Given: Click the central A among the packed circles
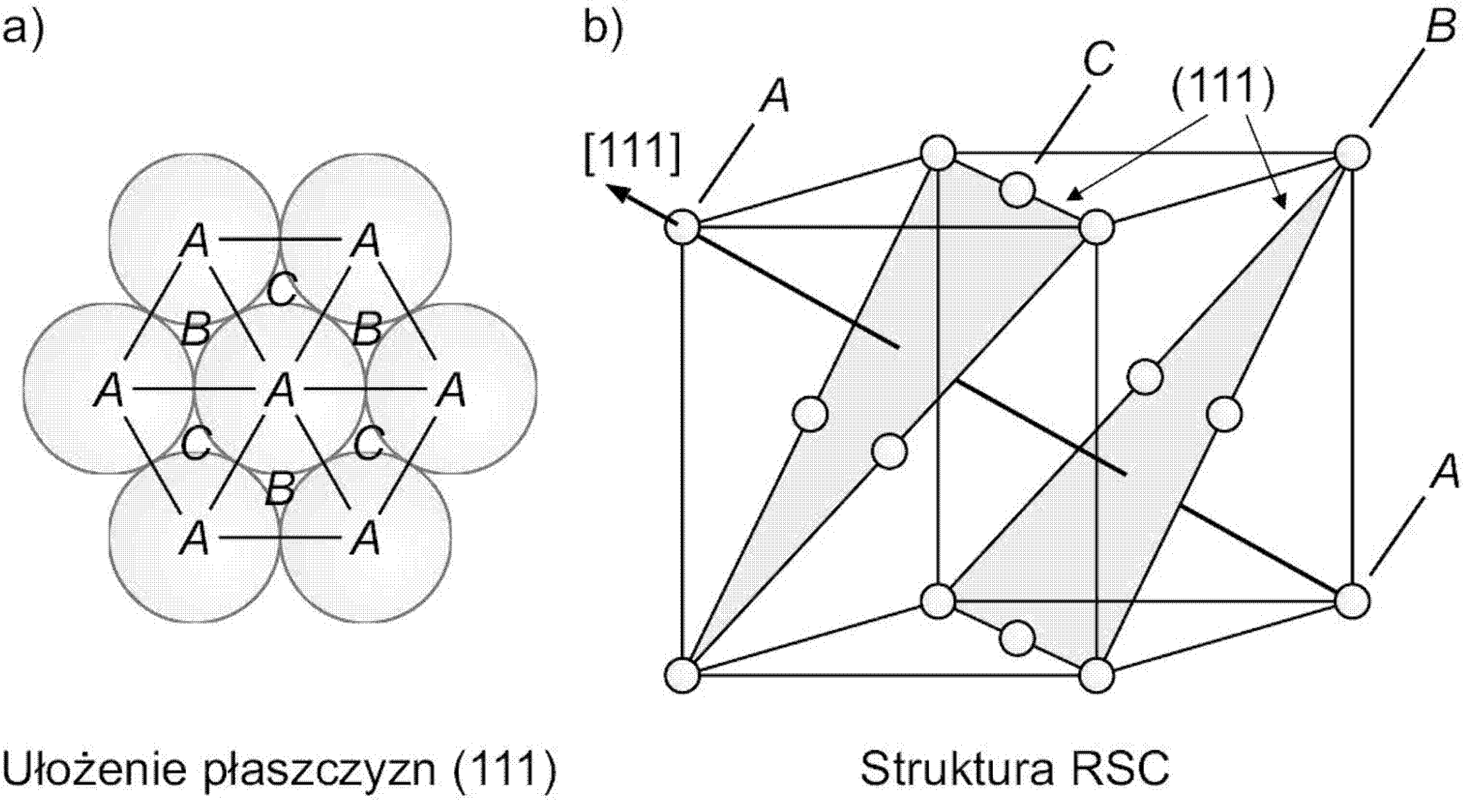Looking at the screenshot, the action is pos(282,391).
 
